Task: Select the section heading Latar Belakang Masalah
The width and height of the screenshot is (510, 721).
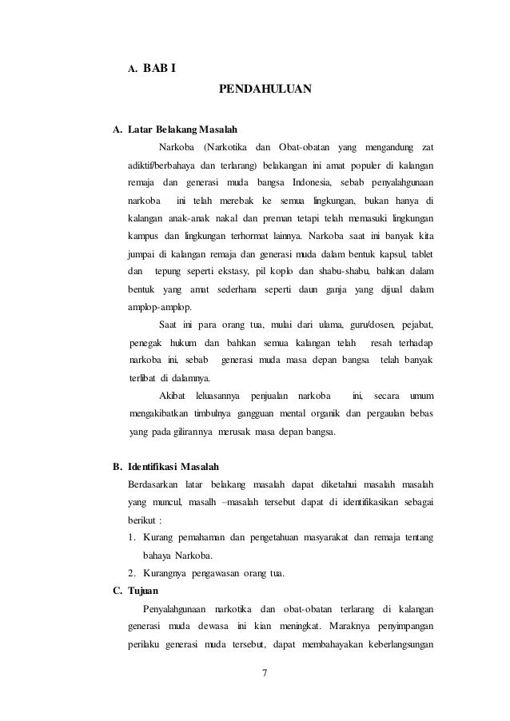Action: pos(182,130)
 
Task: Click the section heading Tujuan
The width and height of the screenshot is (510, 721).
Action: pos(145,591)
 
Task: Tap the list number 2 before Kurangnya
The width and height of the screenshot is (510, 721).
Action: pos(131,572)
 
